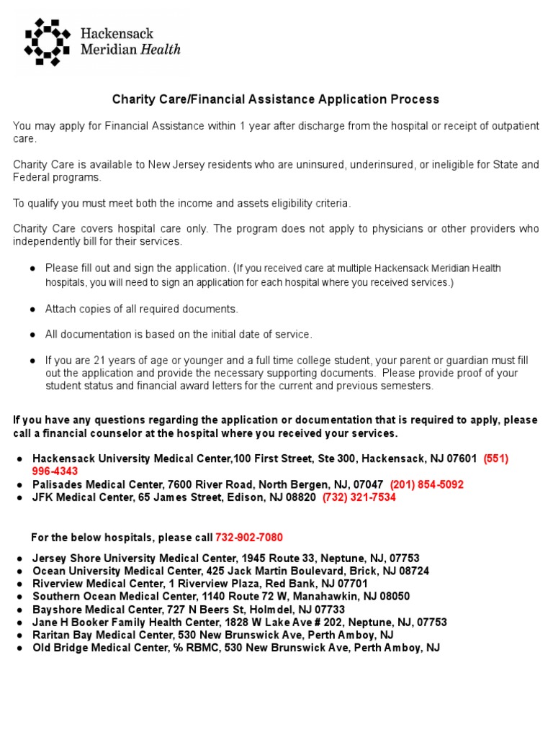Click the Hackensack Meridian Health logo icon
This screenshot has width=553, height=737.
click(x=48, y=42)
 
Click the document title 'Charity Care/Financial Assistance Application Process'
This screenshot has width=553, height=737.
click(x=274, y=99)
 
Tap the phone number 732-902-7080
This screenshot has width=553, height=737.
click(x=248, y=538)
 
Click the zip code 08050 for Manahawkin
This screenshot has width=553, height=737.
click(x=395, y=597)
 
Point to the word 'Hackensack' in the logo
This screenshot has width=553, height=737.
click(x=117, y=34)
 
